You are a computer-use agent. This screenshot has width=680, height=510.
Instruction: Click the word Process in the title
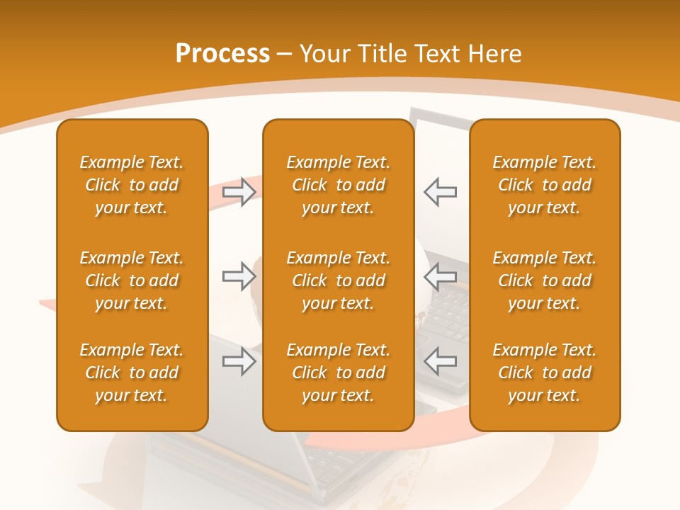222,54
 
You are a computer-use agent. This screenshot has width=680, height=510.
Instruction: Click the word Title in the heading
382,54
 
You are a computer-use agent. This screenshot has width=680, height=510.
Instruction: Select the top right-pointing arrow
239,192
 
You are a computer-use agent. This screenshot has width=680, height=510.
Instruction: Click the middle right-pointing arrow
239,277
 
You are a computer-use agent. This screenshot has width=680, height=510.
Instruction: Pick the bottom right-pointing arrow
239,361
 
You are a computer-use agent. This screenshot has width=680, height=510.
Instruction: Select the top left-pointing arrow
440,192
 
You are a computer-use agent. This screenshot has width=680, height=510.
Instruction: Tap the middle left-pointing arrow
440,277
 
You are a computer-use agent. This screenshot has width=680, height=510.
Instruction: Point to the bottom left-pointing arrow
440,361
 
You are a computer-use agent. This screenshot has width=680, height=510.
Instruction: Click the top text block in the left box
132,185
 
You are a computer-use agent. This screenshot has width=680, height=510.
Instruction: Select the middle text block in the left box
132,280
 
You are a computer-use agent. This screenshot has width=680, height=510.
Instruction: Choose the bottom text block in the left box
132,373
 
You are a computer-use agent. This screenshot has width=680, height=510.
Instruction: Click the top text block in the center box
338,185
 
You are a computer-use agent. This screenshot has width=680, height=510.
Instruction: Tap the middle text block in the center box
338,280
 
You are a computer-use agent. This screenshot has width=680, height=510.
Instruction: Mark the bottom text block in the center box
338,373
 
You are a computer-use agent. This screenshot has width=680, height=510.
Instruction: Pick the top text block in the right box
544,185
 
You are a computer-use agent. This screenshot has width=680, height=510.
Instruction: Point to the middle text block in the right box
544,280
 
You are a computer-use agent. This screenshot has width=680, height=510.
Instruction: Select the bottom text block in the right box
544,373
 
